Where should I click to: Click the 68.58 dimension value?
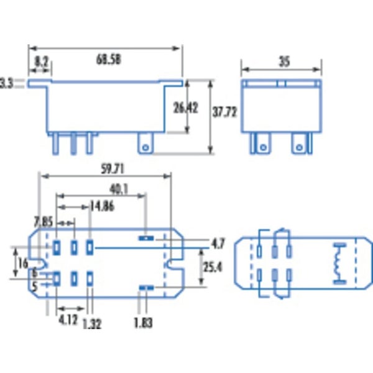pos(108,60)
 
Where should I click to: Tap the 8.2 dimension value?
pos(41,62)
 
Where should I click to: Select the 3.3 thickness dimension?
pos(6,82)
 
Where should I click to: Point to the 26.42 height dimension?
pos(185,108)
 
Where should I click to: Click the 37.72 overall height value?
pos(225,114)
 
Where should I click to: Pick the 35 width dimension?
pos(283,62)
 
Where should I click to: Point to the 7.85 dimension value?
pos(43,221)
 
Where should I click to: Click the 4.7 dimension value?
pos(218,242)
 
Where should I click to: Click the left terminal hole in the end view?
pos(262,148)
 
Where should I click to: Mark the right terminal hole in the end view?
pos(300,148)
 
